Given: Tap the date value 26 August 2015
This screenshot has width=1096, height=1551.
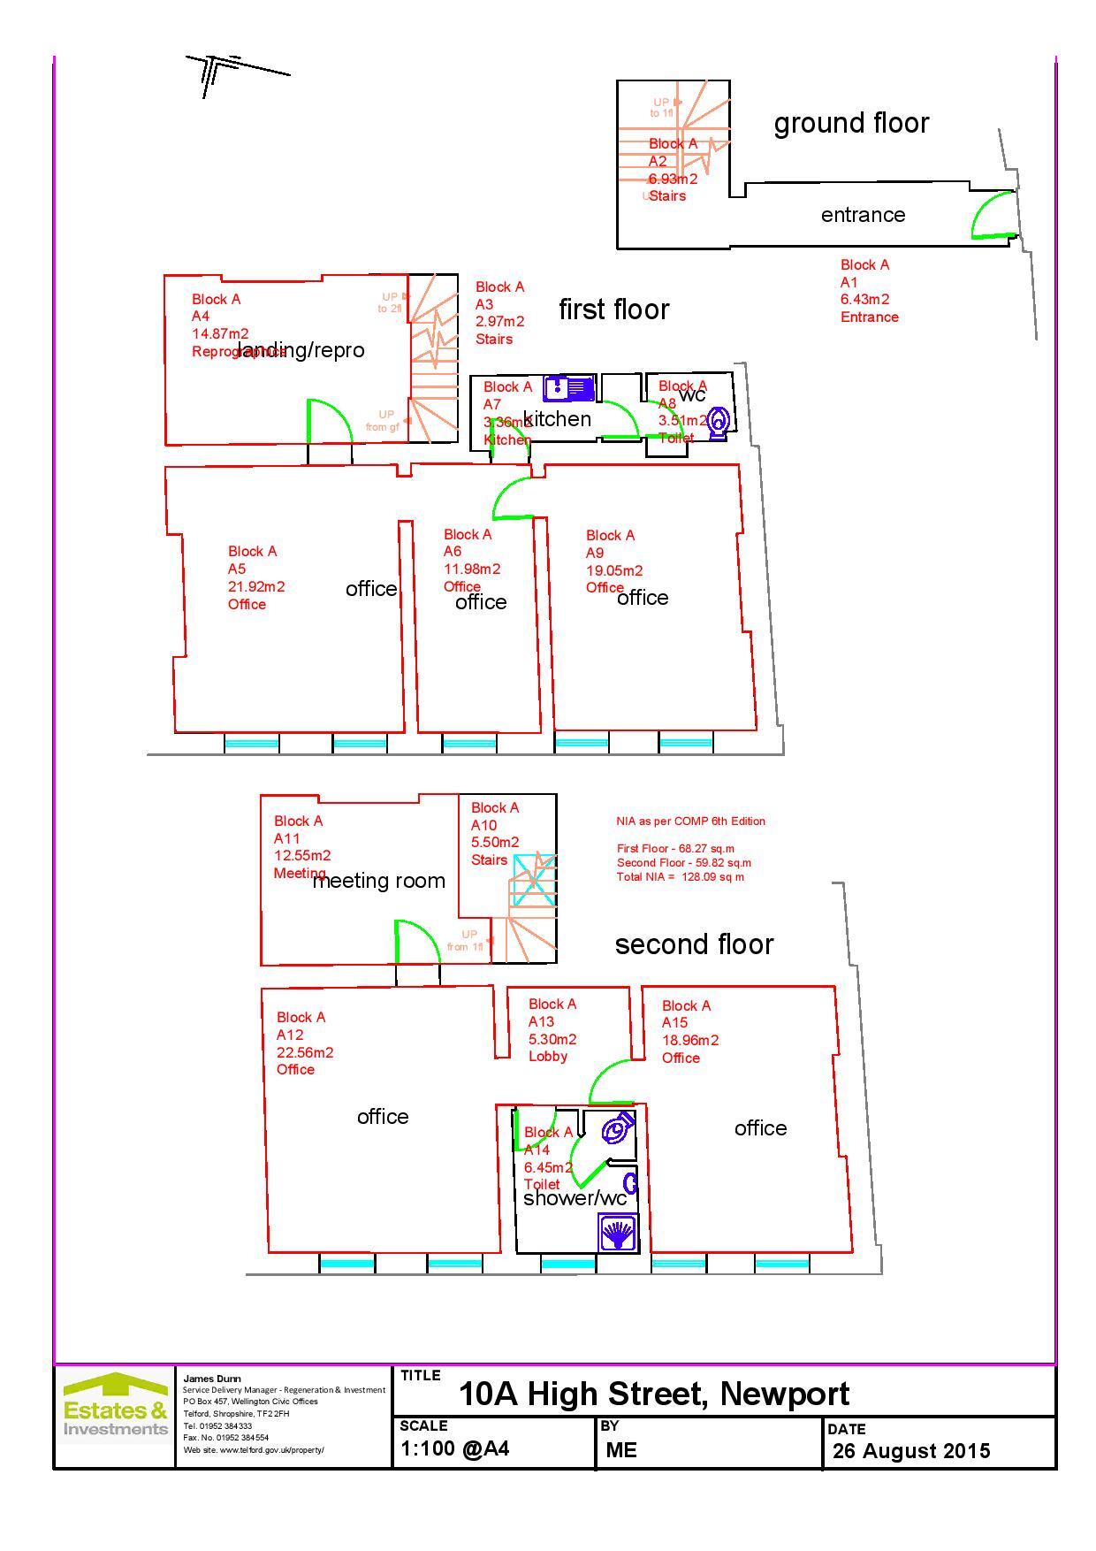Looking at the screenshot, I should [910, 1451].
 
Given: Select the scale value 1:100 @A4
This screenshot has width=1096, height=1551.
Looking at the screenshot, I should [454, 1448].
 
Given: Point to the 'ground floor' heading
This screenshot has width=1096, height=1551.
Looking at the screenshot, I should [851, 123].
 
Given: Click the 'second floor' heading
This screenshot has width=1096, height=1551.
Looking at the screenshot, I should [694, 944].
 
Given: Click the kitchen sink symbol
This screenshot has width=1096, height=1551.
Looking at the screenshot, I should [569, 388].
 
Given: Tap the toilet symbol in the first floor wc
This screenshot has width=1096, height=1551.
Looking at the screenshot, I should [719, 422].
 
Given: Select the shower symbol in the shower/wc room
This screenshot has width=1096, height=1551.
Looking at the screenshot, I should [617, 1232].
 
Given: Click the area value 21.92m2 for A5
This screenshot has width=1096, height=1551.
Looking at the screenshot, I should [255, 586].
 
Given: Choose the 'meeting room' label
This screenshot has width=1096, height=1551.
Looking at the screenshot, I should [378, 881].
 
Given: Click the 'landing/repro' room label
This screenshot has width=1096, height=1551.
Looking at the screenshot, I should [301, 350].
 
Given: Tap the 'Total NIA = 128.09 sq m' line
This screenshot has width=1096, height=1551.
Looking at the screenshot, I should [681, 877].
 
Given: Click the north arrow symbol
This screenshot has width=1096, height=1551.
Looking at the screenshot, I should [221, 73].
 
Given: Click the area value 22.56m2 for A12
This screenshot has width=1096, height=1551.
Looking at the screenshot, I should [305, 1052].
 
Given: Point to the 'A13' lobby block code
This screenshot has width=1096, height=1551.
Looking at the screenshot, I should [541, 1021].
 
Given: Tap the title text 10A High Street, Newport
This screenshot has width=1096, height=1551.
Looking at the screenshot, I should [653, 1394].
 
